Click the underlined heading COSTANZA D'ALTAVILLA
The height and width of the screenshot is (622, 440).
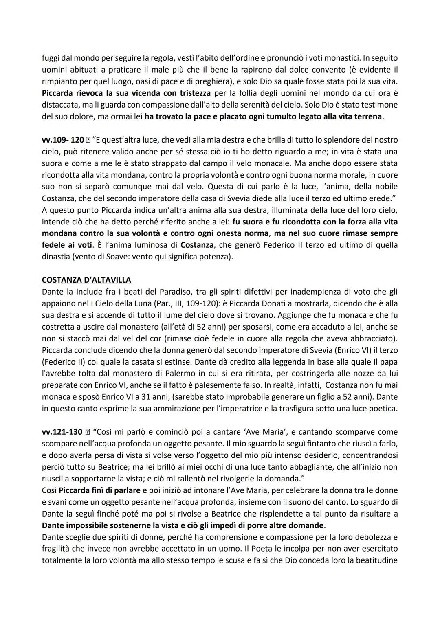[86, 280]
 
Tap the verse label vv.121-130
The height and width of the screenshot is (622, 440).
[62, 432]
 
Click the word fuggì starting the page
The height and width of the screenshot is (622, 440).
[51, 58]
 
